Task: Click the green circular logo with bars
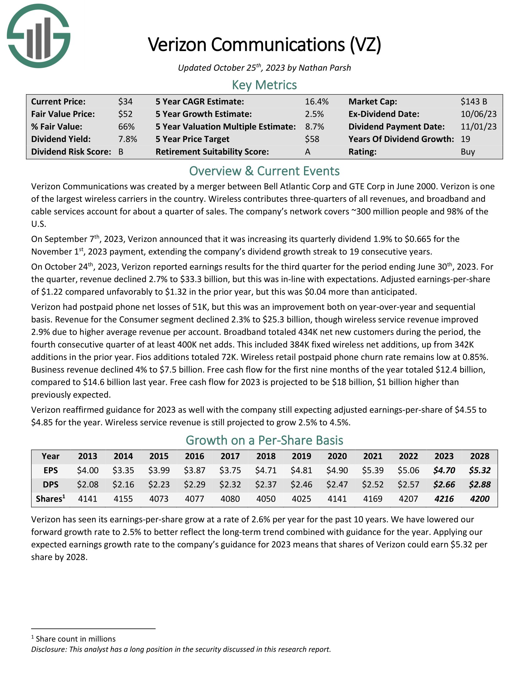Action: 39,36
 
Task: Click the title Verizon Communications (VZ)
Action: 264,45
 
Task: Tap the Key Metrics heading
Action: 264,85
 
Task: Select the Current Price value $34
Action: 125,102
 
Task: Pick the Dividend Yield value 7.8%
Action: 128,139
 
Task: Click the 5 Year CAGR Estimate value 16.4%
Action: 316,102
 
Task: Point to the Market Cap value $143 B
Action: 474,102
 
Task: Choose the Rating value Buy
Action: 468,152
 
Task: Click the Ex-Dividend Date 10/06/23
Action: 479,114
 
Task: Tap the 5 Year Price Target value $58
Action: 312,139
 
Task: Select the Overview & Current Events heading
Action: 264,171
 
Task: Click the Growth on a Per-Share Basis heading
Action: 264,440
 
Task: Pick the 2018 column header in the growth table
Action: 266,456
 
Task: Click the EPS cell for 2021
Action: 372,470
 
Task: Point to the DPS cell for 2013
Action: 88,484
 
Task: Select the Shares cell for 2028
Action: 480,499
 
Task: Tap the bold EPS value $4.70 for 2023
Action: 444,470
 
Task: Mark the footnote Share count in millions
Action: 76,639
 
